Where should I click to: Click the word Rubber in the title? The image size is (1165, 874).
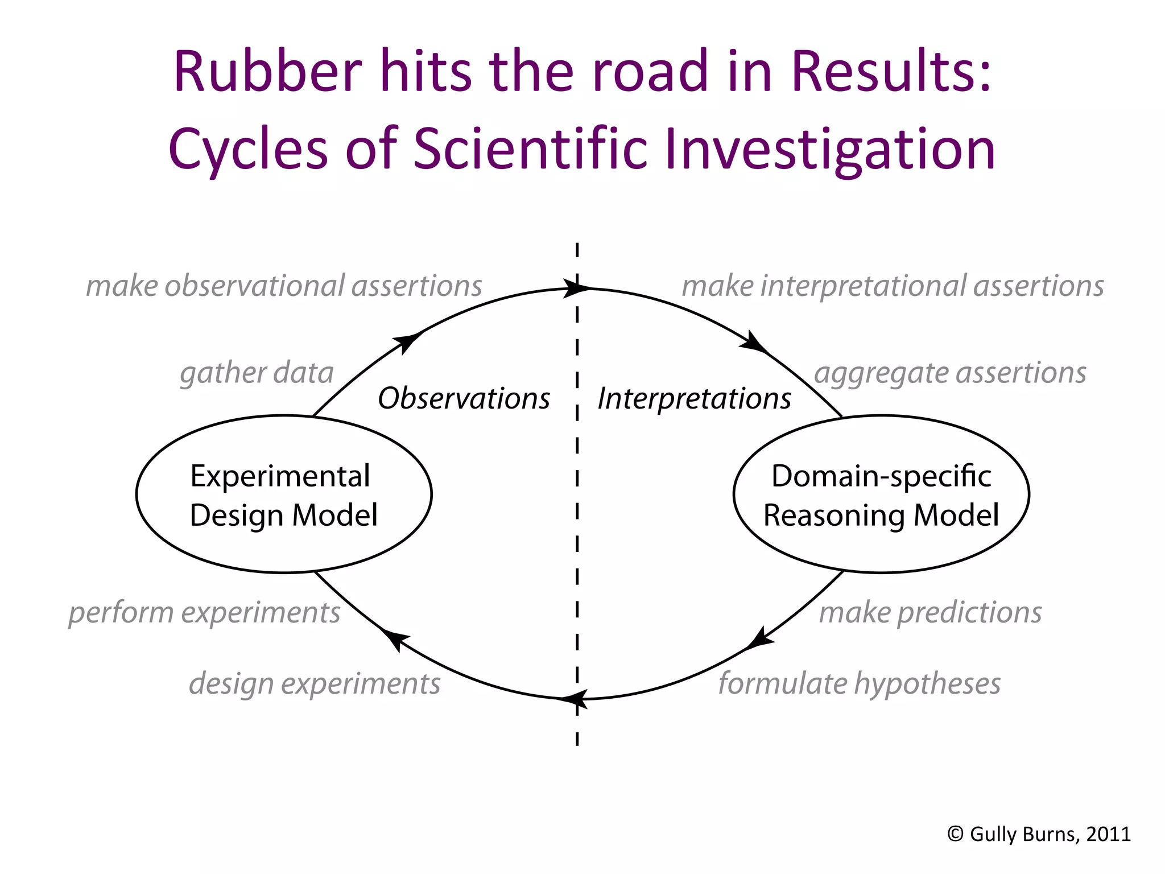click(267, 71)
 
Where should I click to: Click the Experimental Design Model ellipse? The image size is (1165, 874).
click(284, 494)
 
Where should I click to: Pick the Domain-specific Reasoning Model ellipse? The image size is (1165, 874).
click(881, 494)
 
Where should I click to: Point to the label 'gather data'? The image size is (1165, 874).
click(257, 373)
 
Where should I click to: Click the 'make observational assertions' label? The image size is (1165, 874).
click(284, 286)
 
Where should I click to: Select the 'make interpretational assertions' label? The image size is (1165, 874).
click(893, 286)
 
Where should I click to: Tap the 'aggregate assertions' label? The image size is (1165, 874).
click(950, 373)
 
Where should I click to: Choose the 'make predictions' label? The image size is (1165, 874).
click(930, 613)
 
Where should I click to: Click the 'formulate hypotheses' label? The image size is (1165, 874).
click(859, 683)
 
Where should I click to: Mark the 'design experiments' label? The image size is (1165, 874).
click(315, 683)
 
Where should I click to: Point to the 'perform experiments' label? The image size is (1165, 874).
click(204, 613)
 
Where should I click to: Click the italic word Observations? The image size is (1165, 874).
click(464, 398)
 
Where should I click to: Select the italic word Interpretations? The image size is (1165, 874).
click(694, 398)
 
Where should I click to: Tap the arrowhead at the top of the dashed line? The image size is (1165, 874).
click(576, 288)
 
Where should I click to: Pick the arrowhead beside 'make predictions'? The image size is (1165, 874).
click(761, 638)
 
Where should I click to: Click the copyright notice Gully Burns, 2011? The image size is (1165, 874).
click(1039, 834)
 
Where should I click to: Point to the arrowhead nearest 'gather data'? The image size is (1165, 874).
click(407, 341)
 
